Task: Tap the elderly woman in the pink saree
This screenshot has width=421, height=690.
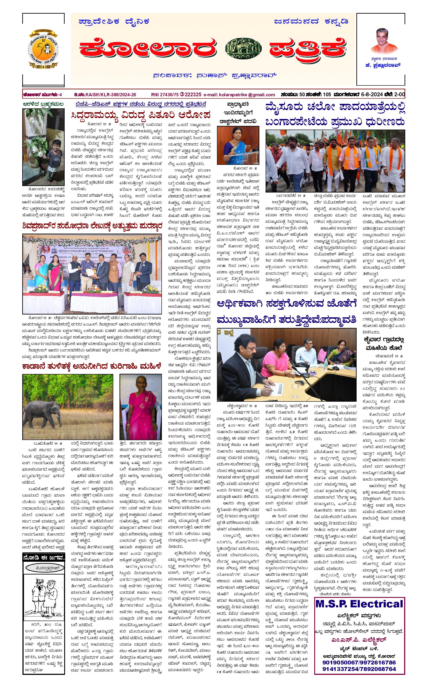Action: coord(140,406)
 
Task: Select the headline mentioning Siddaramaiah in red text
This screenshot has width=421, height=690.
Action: coord(141,115)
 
